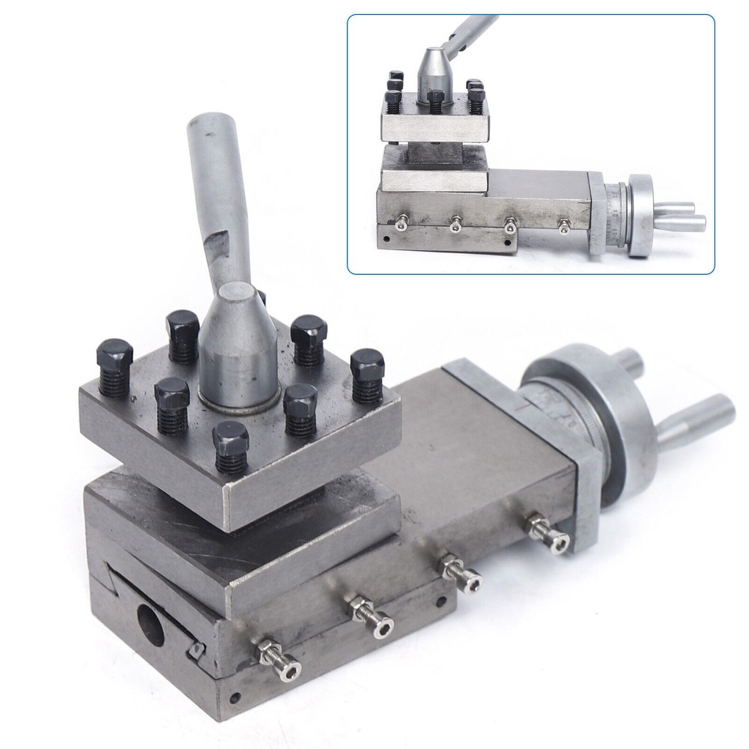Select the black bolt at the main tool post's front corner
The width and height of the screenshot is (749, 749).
[229, 447]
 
